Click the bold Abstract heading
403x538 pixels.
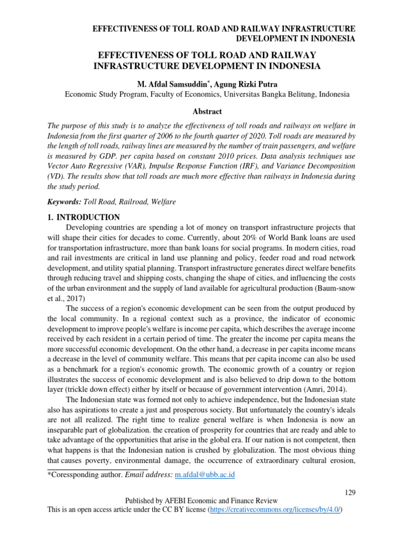click(x=207, y=111)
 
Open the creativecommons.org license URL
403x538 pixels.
click(x=275, y=510)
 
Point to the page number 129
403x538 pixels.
click(x=350, y=492)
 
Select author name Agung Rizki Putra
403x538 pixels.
click(x=242, y=84)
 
